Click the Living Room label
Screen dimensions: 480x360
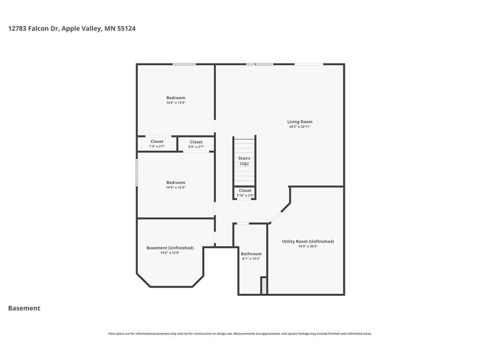(300, 121)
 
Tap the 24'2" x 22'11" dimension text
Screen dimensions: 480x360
(300, 127)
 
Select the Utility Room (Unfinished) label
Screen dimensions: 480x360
(308, 241)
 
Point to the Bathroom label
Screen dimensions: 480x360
(251, 254)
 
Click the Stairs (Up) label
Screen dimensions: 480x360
(244, 161)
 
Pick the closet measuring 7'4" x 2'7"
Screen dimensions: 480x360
(157, 144)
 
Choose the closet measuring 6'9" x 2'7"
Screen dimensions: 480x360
(196, 144)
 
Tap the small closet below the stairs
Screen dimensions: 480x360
(245, 193)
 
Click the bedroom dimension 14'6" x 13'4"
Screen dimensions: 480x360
(176, 103)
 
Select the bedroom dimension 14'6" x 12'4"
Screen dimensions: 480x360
(176, 187)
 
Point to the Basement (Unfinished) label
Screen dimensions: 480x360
(170, 247)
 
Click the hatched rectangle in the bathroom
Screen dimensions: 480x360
(264, 285)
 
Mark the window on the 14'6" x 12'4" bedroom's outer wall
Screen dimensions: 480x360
(137, 172)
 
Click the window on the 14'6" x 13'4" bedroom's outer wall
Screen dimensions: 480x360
(184, 64)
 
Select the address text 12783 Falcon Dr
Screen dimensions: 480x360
(33, 29)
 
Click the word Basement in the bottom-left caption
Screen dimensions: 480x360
(24, 308)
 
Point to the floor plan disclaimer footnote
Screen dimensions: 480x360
(240, 334)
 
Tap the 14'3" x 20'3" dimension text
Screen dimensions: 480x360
(308, 246)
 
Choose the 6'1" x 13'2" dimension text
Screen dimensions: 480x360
(251, 259)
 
